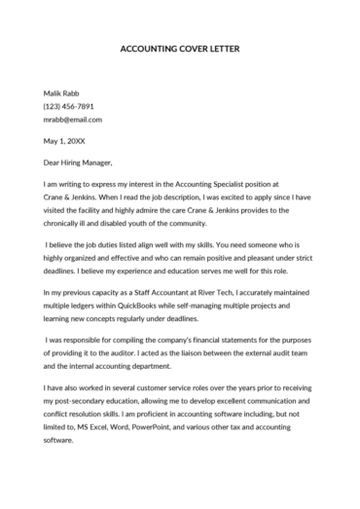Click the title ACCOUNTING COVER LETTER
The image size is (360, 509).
point(179,48)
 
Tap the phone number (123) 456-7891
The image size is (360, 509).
point(69,106)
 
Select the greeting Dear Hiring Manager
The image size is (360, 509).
point(79,163)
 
